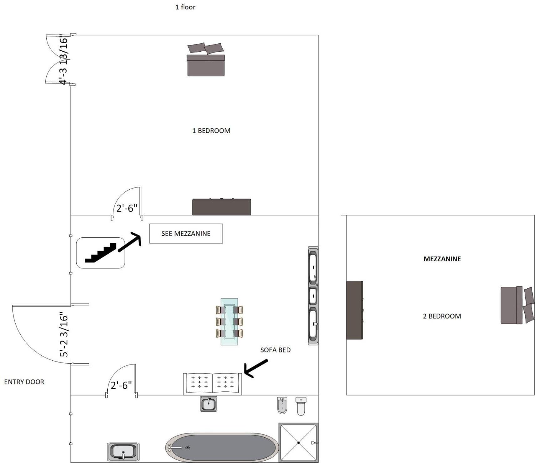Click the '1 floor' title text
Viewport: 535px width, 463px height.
pos(185,7)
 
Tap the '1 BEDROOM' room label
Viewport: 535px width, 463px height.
pos(211,131)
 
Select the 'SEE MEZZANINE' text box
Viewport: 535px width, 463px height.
pos(186,233)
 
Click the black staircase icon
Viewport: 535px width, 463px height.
pos(100,253)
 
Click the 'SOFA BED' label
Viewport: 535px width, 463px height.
pos(275,350)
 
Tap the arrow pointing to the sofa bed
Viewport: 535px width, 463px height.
pos(256,368)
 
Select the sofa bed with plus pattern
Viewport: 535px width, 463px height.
pos(213,384)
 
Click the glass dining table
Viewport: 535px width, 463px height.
pos(229,322)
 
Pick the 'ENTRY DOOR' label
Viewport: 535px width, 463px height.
pos(24,382)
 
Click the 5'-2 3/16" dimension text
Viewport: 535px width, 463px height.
pos(64,334)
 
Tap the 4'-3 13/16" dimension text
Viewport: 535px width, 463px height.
pos(64,59)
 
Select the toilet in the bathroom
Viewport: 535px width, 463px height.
pos(301,406)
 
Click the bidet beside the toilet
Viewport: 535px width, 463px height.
pos(282,405)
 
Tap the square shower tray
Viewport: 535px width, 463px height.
pos(298,443)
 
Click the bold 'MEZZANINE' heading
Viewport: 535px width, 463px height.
pos(442,259)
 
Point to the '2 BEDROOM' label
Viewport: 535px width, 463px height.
pos(442,316)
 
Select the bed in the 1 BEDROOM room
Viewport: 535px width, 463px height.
pos(206,59)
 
